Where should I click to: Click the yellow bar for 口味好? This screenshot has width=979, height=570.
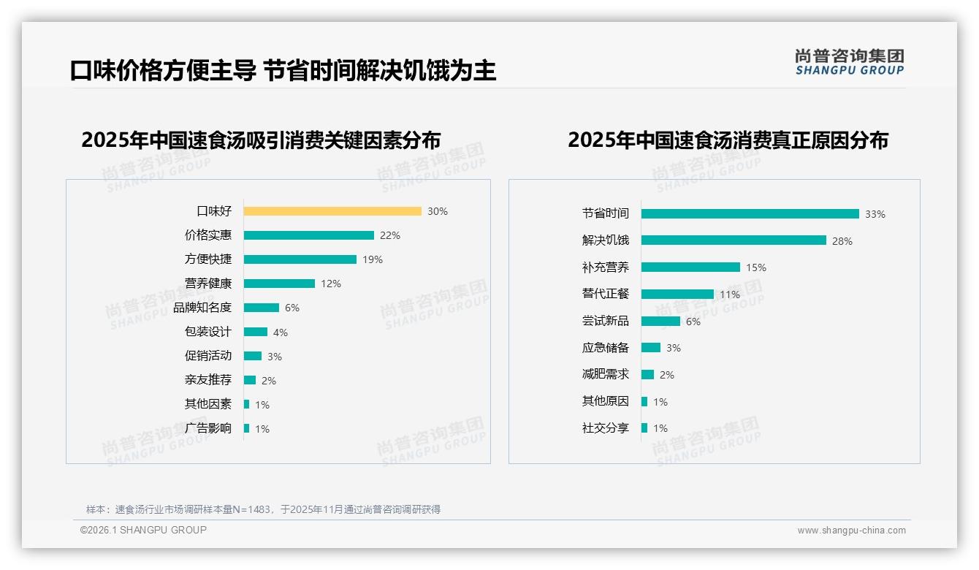(x=332, y=211)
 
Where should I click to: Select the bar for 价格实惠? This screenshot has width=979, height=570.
(x=308, y=235)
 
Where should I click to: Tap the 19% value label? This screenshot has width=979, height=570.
(x=373, y=259)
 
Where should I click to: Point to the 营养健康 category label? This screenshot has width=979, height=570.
(x=208, y=284)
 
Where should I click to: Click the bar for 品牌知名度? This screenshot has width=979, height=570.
(x=262, y=308)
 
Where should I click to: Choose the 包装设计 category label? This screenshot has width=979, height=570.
(x=208, y=332)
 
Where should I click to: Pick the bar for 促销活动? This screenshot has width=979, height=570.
(x=253, y=356)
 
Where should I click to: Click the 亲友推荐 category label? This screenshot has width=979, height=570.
(x=208, y=380)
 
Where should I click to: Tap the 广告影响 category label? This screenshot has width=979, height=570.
(x=208, y=428)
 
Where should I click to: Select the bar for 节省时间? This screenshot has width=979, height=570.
(x=750, y=213)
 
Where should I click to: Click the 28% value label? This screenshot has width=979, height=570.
(x=842, y=241)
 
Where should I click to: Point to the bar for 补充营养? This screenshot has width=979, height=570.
(x=690, y=267)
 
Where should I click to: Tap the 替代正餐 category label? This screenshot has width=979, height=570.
(x=605, y=294)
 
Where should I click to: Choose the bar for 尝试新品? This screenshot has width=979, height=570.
(x=660, y=322)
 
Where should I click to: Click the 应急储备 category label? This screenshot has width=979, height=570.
(x=605, y=348)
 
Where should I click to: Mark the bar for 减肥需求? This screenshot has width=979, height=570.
(x=647, y=375)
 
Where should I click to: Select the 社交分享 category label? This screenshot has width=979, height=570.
(x=605, y=428)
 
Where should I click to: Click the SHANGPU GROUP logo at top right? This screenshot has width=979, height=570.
(x=850, y=62)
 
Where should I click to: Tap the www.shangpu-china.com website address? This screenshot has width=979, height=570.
(x=851, y=531)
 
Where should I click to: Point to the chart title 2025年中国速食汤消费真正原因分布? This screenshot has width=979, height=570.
(x=728, y=140)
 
